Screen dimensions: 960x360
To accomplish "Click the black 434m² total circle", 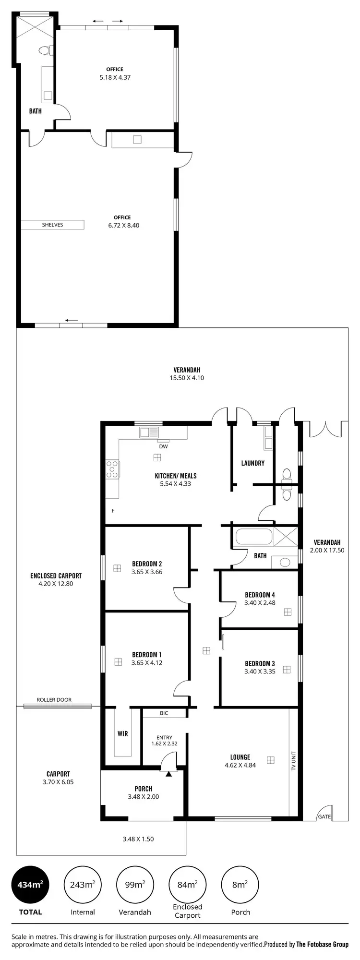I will pos(30,884).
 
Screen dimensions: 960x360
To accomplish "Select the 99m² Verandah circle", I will pos(135,884).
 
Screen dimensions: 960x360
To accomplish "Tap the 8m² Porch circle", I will pos(240,884).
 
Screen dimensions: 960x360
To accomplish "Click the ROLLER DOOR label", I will pos(54,700).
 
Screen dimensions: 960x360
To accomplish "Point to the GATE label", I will pos(324,816).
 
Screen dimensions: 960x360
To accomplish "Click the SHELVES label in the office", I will pos(52,225).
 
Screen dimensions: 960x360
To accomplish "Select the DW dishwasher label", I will pos(163,446).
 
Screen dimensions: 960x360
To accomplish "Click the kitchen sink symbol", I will pos(149,432).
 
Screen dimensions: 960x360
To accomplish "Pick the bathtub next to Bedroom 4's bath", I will pos(252,537).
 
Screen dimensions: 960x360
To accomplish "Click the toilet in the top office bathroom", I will pos(45,50).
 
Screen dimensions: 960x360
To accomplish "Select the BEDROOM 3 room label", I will pos(260,663).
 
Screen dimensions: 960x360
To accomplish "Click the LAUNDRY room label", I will pos(252,463).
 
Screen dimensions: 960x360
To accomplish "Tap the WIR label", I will pos(122,733).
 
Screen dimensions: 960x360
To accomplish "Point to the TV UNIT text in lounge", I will pos(293,761).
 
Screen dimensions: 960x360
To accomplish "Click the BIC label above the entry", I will pos(164,713).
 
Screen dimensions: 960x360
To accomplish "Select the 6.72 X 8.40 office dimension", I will pos(124,225).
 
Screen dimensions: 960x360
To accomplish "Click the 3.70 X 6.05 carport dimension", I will pos(58,782).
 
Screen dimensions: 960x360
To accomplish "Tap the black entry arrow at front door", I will pos(168,774).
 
